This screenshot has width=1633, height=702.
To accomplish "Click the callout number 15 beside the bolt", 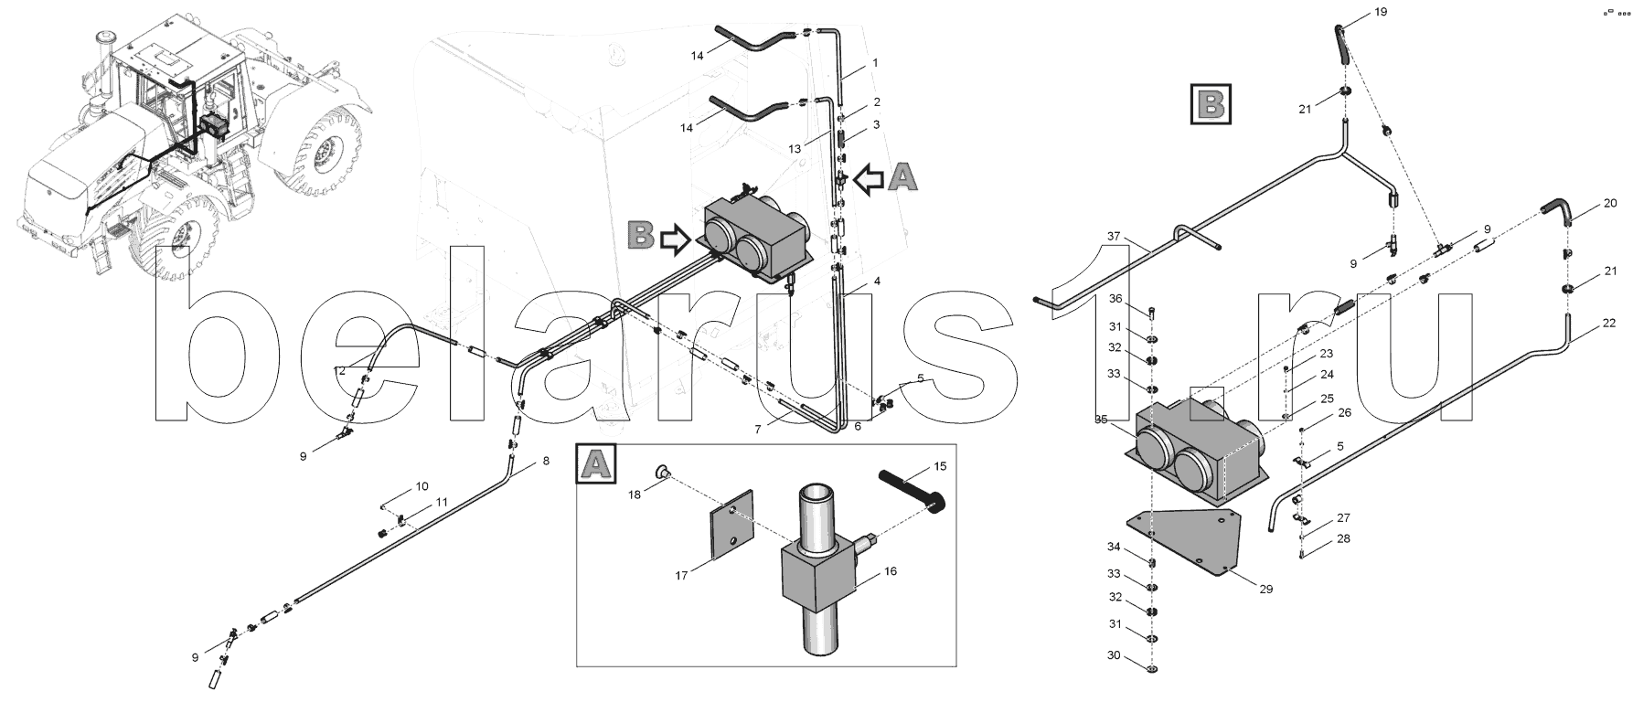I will pyautogui.click(x=940, y=467).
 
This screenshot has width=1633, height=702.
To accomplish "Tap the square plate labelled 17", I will pyautogui.click(x=732, y=525).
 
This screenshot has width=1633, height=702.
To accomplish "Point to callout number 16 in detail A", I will pyautogui.click(x=891, y=571).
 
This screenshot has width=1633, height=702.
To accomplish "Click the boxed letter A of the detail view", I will pyautogui.click(x=595, y=463).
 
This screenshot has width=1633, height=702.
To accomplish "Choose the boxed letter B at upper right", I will pyautogui.click(x=1211, y=103).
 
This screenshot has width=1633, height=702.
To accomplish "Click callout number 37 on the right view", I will pyautogui.click(x=1114, y=237).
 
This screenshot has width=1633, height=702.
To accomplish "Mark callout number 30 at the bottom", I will pyautogui.click(x=1113, y=656).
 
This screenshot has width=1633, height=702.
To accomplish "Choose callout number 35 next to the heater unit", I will pyautogui.click(x=1101, y=420).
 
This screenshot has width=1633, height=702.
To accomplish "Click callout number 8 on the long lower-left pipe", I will pyautogui.click(x=546, y=462).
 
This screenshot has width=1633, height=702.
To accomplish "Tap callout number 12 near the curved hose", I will pyautogui.click(x=340, y=370).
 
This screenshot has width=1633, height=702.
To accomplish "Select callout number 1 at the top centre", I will pyautogui.click(x=875, y=63).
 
